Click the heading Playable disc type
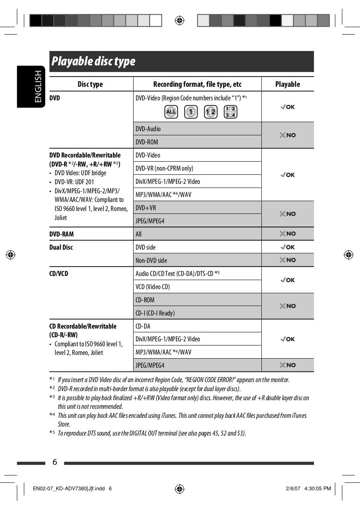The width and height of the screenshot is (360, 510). pyautogui.click(x=93, y=62)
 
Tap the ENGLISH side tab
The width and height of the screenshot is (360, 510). pyautogui.click(x=38, y=86)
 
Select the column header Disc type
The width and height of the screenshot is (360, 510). pyautogui.click(x=90, y=84)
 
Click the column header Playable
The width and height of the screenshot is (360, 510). pyautogui.click(x=287, y=84)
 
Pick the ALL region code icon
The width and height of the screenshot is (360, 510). pyautogui.click(x=171, y=112)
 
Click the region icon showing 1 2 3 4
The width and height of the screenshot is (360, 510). pyautogui.click(x=230, y=112)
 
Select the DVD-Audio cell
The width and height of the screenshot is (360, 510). pyautogui.click(x=148, y=129)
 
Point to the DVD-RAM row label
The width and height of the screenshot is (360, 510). pyautogui.click(x=62, y=234)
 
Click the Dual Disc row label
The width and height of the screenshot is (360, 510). pyautogui.click(x=61, y=247)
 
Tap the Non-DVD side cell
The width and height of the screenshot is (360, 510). pyautogui.click(x=151, y=260)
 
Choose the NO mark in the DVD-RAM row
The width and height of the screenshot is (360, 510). pyautogui.click(x=288, y=234)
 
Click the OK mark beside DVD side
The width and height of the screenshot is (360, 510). pyautogui.click(x=288, y=247)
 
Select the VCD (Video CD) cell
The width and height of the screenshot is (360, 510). pyautogui.click(x=152, y=287)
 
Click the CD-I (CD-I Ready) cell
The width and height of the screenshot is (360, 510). pyautogui.click(x=155, y=313)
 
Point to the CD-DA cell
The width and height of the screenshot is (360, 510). pyautogui.click(x=143, y=326)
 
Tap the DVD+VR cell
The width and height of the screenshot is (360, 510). pyautogui.click(x=146, y=208)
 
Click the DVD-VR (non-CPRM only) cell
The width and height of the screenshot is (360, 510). pyautogui.click(x=164, y=168)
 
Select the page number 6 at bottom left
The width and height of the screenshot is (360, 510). pyautogui.click(x=55, y=462)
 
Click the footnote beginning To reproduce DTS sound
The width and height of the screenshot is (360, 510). pyautogui.click(x=152, y=433)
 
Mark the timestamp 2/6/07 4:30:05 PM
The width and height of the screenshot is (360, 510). pyautogui.click(x=308, y=489)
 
